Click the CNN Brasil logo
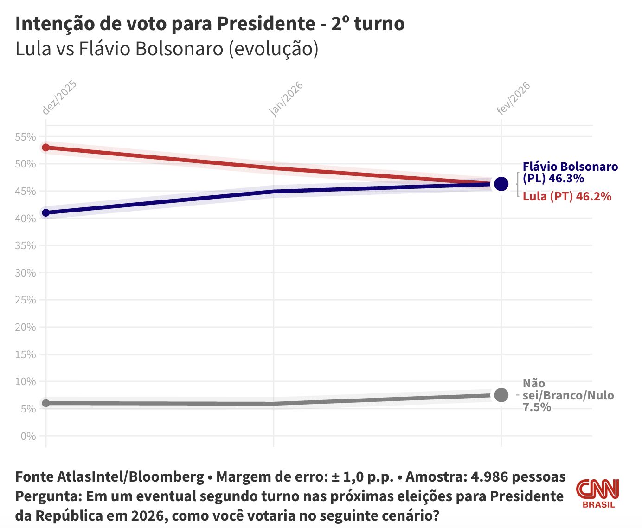[598, 493]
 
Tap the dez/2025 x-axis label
[59, 97]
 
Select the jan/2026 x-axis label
[286, 99]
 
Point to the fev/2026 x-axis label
[513, 98]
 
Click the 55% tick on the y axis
[26, 137]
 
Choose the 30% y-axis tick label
[26, 273]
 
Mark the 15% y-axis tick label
[26, 354]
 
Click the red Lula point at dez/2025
[46, 148]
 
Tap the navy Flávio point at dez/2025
[46, 213]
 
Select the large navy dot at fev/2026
[501, 184]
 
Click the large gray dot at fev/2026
[501, 395]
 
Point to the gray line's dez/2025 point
[46, 403]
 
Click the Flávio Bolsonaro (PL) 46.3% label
[570, 173]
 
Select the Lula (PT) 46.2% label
[566, 196]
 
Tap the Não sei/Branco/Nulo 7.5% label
[568, 395]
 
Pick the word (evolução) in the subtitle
[273, 49]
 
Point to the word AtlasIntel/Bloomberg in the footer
[131, 477]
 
